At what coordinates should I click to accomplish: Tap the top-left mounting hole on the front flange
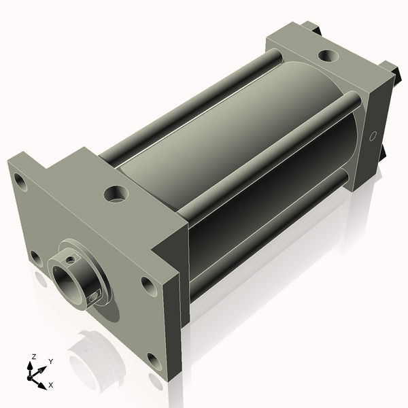(20, 182)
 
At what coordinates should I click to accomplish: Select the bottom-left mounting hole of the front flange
(35, 257)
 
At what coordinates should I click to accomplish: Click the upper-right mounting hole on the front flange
(148, 283)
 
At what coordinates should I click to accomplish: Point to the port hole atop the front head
(115, 194)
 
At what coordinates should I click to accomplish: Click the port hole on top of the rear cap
(328, 54)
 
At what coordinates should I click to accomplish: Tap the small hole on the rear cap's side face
(372, 137)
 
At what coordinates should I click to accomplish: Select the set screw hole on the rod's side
(96, 294)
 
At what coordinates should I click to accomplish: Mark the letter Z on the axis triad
(33, 356)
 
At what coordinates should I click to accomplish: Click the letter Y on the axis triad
(50, 361)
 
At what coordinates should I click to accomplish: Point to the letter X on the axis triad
(51, 385)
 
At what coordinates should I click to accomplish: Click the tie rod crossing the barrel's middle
(272, 156)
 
